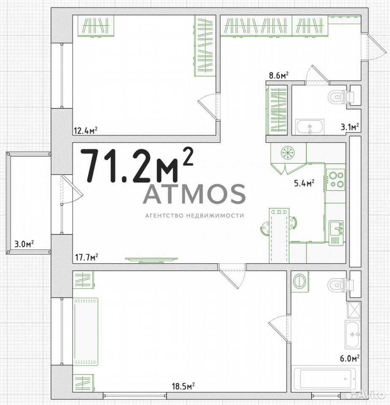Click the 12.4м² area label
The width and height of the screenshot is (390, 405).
tap(86, 130)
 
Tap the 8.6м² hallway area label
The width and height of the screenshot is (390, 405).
tap(279, 75)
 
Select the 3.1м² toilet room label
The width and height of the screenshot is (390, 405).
tap(350, 127)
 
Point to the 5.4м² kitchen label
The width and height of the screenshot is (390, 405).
tap(304, 183)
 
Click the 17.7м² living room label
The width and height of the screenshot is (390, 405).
tap(87, 257)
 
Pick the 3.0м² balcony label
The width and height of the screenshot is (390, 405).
tap(24, 244)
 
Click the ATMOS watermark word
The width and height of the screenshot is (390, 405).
tap(194, 194)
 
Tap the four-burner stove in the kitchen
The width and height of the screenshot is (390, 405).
tap(336, 180)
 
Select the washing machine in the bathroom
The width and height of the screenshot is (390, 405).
tap(299, 282)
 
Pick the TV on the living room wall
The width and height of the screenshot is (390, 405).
tap(151, 260)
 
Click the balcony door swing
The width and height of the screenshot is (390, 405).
tap(72, 189)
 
